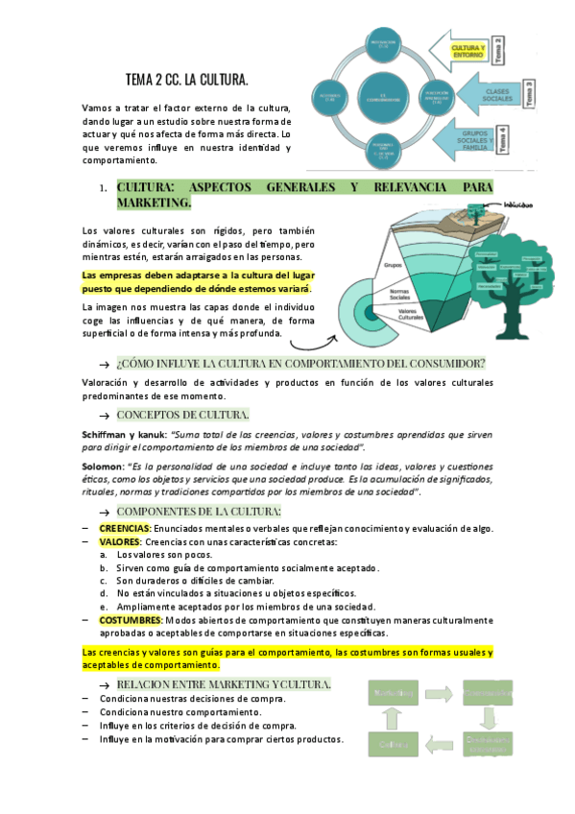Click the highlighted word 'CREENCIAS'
coord(124,529)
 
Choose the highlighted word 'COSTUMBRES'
coord(130,620)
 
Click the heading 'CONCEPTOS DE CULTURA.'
coord(182,415)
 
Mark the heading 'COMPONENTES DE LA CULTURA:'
coord(198,511)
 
